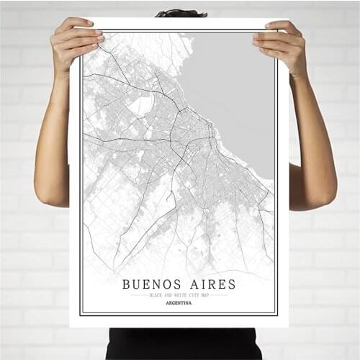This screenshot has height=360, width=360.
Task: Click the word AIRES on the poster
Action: click(210, 284)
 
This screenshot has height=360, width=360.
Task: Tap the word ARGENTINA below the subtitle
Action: click(179, 303)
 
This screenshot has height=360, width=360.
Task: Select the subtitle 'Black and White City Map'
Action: click(179, 295)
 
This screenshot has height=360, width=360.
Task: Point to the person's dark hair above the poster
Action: click(181, 13)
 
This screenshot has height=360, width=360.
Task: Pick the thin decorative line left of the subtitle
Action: click(137, 295)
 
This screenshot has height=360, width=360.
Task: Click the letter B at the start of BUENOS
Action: click(127, 284)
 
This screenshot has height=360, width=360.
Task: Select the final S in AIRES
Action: click(232, 284)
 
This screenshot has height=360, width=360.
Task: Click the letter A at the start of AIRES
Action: click(189, 284)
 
